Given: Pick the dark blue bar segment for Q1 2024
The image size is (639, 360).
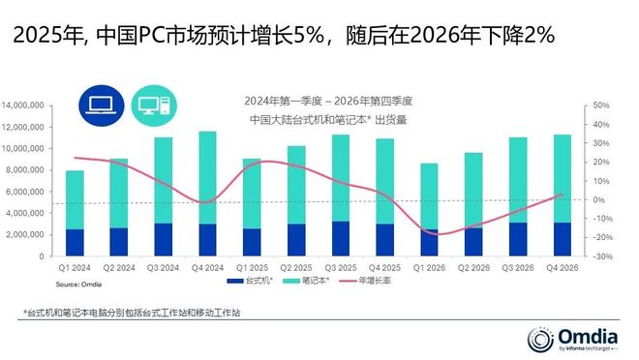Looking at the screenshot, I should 75,243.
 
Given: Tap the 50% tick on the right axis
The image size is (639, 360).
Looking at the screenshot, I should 599,105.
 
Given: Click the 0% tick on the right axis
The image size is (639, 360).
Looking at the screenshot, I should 597,199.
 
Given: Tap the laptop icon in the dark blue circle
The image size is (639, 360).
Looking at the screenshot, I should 99,105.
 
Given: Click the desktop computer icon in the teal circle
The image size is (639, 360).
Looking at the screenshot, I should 153,105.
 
